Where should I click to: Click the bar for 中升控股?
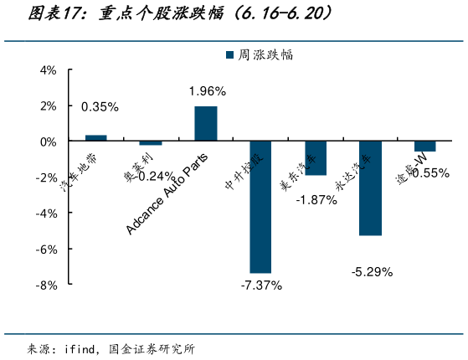(x=260, y=207)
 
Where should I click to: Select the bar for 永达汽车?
(x=370, y=188)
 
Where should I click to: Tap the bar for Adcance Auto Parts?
(x=206, y=124)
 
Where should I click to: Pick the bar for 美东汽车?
(x=316, y=158)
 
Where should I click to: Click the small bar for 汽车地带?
(x=96, y=138)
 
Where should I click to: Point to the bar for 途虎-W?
(x=425, y=147)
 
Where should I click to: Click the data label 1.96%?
(x=207, y=90)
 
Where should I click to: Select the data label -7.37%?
(x=261, y=285)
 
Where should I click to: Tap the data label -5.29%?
(x=372, y=271)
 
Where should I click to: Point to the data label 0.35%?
(x=100, y=106)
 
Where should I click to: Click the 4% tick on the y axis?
(x=48, y=70)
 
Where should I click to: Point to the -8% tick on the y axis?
(x=46, y=285)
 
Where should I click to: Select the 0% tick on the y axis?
(x=48, y=141)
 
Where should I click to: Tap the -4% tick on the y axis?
(x=46, y=213)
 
